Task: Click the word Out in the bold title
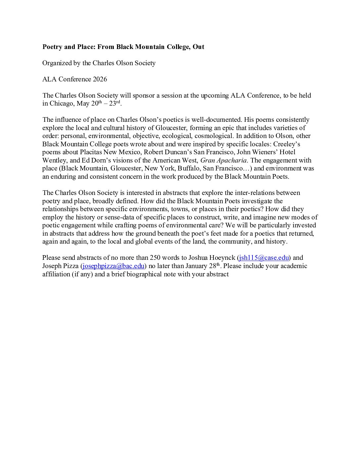[199, 47]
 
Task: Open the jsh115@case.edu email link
[264, 258]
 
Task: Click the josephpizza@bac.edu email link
[113, 266]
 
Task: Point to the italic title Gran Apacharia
[223, 161]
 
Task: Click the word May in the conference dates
[83, 104]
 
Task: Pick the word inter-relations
[253, 193]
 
